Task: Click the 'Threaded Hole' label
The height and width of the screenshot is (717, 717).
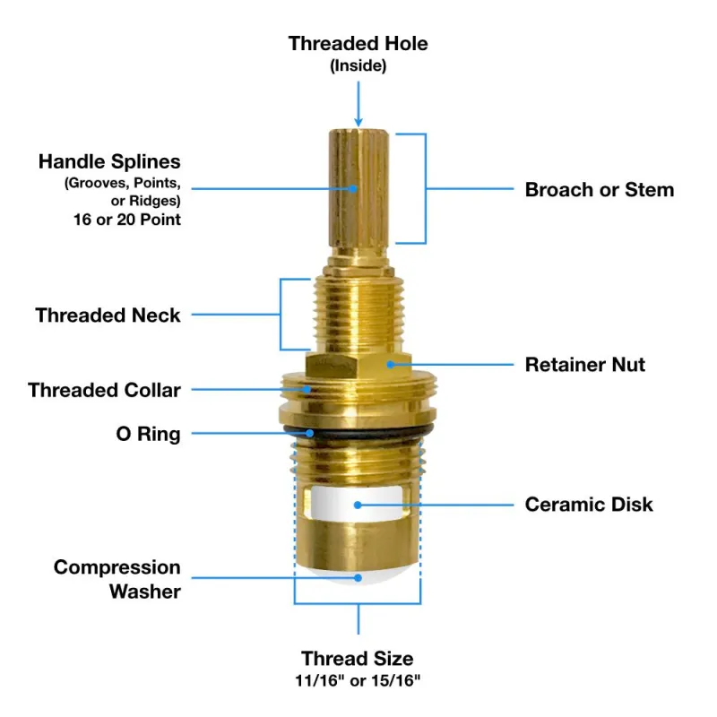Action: pyautogui.click(x=358, y=43)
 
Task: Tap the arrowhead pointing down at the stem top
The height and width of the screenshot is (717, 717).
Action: pyautogui.click(x=358, y=121)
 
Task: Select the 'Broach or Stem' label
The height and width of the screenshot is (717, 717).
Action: pyautogui.click(x=600, y=189)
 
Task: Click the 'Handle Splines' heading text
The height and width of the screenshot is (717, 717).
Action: pyautogui.click(x=109, y=161)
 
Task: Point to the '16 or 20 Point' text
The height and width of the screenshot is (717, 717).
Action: pyautogui.click(x=127, y=220)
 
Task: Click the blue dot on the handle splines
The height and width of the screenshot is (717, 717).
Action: pyautogui.click(x=353, y=188)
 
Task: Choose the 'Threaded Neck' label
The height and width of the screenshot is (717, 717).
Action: pyautogui.click(x=108, y=315)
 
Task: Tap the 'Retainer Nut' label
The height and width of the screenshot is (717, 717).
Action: pyautogui.click(x=585, y=365)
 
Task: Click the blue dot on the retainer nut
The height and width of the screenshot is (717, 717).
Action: pyautogui.click(x=391, y=365)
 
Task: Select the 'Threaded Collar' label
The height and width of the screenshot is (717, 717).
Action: pyautogui.click(x=104, y=390)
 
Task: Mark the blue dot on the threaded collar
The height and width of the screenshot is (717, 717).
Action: pyautogui.click(x=307, y=390)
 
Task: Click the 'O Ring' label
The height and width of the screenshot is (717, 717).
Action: pyautogui.click(x=148, y=434)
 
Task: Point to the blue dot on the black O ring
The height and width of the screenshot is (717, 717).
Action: pyautogui.click(x=310, y=433)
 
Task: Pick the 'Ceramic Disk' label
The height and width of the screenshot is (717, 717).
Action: pyautogui.click(x=589, y=505)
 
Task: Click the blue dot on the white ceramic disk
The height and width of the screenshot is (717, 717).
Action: pyautogui.click(x=358, y=505)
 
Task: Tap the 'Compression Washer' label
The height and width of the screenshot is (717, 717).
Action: pyautogui.click(x=117, y=579)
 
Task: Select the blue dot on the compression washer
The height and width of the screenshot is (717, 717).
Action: pyautogui.click(x=358, y=578)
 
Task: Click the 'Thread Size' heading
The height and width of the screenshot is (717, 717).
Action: pyautogui.click(x=357, y=659)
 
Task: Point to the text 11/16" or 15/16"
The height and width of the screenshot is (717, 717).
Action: pyautogui.click(x=358, y=681)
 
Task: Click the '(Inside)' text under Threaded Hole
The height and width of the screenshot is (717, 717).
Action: pyautogui.click(x=358, y=65)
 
